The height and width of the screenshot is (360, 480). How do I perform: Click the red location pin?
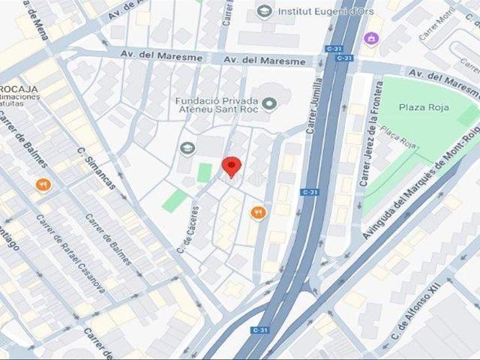pos(232,166)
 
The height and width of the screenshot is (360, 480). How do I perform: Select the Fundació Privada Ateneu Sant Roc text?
pos(215,107)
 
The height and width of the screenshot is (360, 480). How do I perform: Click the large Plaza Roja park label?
pos(424,107)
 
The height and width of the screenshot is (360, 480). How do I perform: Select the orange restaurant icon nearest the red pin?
pos(259,213)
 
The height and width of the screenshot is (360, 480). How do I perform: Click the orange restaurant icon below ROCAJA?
pos(44,185)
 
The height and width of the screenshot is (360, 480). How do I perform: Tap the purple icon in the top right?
pos(370,37)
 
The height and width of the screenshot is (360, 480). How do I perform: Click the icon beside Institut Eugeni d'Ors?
pos(264,10)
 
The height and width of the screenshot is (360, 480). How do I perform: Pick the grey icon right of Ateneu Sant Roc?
pos(270,103)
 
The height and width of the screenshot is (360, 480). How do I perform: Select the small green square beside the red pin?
pos(204,172)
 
